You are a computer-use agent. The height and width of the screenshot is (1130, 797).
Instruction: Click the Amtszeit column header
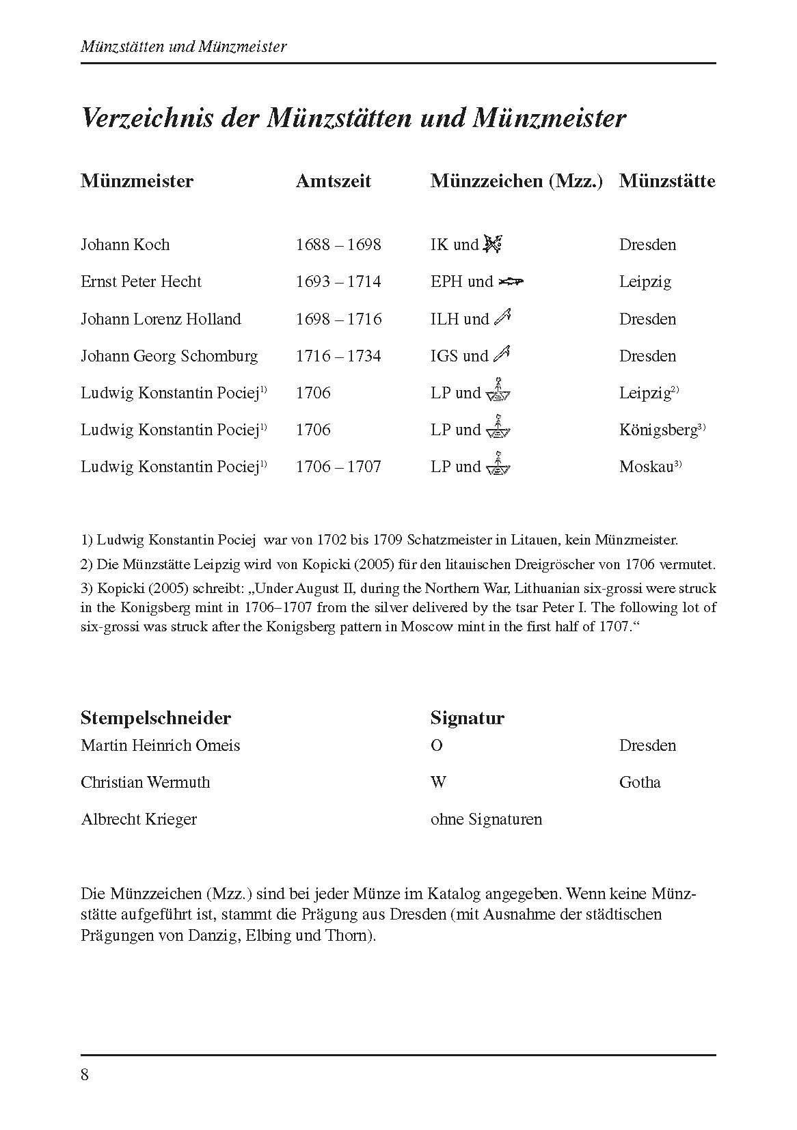pos(333,181)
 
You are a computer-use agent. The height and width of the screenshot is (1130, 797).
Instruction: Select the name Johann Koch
pos(125,245)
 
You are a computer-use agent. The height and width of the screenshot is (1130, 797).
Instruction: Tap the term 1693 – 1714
pos(338,281)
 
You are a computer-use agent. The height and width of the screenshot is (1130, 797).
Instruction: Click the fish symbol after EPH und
pos(511,281)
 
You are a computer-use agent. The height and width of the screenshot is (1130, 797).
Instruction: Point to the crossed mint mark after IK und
pos(493,243)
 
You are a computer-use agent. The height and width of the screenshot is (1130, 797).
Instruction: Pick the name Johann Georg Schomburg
pos(170,356)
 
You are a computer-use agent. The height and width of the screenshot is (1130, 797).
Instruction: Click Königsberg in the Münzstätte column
pos(658,430)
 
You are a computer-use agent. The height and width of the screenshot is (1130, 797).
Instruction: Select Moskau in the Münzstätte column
pos(647,467)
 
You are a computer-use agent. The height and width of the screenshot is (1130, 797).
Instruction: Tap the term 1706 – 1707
pos(338,467)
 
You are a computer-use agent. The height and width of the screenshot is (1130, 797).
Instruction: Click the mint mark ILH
pos(444,319)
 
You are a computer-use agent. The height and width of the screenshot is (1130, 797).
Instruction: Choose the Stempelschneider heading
pos(156,718)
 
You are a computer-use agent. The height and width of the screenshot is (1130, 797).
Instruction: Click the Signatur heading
pos(468,718)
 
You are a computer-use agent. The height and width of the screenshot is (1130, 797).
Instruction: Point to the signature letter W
pos(438,782)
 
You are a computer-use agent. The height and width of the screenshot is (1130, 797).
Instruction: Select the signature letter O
pos(437,745)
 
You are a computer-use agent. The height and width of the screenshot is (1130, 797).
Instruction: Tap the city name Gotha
pos(640,782)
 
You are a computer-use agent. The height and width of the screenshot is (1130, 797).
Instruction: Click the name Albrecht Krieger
pos(139,819)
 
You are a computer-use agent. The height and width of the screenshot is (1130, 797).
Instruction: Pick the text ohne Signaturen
pos(486,819)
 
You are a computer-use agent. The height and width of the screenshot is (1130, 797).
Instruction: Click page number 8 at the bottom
pos(85,1075)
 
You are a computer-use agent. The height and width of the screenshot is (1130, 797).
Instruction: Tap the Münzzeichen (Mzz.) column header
pos(517,181)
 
